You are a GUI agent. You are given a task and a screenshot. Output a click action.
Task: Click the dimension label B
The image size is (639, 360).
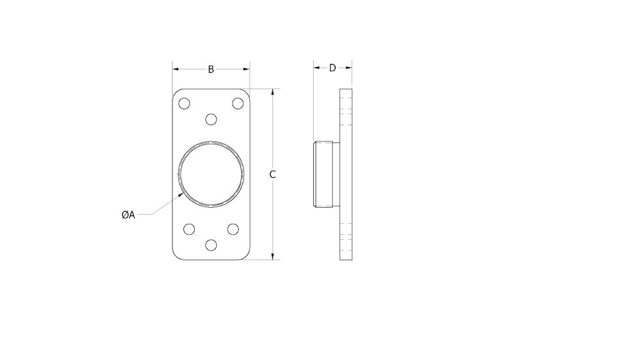click(211, 69)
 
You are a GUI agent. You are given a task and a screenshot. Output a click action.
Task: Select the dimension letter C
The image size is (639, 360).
click(273, 174)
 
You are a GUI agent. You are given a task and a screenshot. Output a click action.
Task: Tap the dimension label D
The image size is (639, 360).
click(332, 68)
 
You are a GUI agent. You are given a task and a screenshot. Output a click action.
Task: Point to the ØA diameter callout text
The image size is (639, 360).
click(128, 215)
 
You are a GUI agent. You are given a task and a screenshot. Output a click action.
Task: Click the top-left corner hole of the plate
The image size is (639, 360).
click(185, 104)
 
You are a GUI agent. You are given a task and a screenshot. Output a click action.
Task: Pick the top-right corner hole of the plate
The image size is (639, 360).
click(237, 104)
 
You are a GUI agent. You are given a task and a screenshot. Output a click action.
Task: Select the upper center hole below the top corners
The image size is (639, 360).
click(211, 118)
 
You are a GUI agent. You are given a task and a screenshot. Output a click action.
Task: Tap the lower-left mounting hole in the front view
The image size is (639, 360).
click(189, 229)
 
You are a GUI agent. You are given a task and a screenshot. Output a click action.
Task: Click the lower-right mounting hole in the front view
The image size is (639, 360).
click(233, 229)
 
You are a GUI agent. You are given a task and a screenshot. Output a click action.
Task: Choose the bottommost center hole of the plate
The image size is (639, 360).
click(211, 244)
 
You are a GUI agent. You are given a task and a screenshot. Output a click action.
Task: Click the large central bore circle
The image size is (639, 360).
click(211, 174)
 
